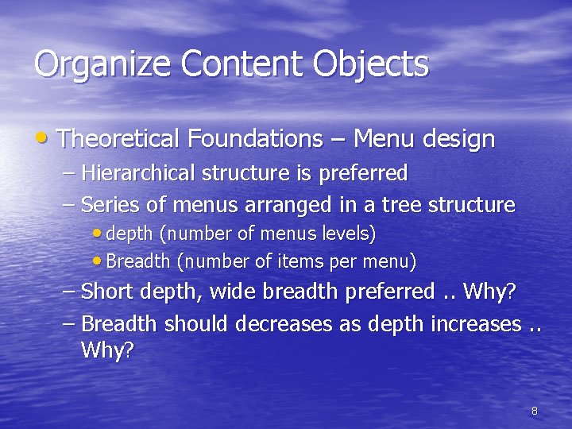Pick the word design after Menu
click(458, 141)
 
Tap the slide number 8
click(534, 411)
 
